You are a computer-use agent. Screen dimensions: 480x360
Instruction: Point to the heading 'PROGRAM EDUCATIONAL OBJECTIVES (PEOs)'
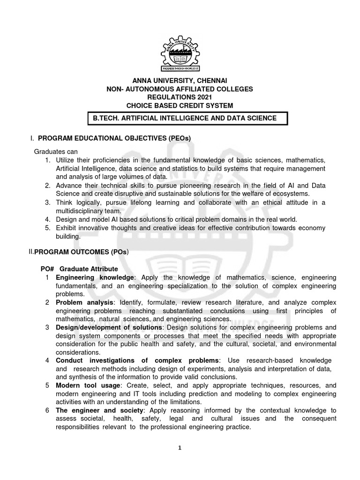click(x=114, y=138)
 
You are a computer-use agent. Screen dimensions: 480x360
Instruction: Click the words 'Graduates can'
click(x=55, y=152)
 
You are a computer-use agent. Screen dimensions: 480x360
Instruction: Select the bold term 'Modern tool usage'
click(x=87, y=386)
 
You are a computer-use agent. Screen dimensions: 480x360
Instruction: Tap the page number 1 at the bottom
click(x=180, y=448)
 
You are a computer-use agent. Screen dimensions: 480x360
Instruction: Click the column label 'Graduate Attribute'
click(x=89, y=269)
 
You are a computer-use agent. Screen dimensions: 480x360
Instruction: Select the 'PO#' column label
click(x=48, y=269)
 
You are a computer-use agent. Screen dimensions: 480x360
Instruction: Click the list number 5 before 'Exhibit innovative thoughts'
click(x=47, y=228)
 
